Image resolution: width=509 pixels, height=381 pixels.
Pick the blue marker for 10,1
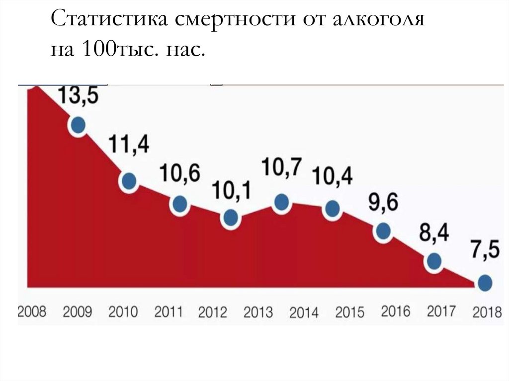click(230, 217)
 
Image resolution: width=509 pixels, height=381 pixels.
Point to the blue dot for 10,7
click(281, 202)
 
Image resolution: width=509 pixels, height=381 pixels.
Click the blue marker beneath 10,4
click(332, 208)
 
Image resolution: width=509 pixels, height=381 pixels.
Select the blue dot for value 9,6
click(383, 231)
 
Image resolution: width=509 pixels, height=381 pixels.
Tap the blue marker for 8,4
click(433, 261)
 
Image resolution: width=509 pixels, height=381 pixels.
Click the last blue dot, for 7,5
click(485, 283)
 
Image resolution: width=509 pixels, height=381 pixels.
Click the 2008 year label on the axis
click(32, 312)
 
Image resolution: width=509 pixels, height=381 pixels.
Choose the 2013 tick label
click(258, 312)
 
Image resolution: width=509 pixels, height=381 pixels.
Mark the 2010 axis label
click(123, 312)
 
